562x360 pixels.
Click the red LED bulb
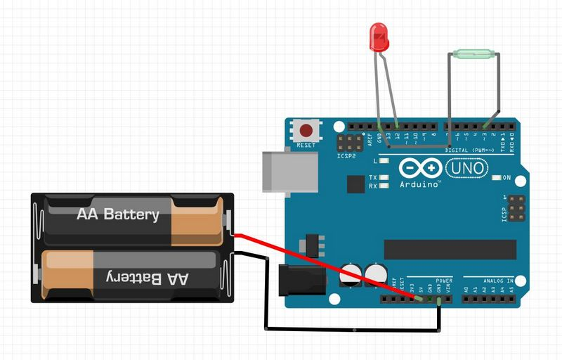coord(379,37)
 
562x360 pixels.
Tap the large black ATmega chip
coord(450,249)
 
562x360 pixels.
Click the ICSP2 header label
coord(346,157)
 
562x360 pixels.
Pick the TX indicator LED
coord(384,177)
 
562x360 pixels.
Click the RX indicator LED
coord(384,186)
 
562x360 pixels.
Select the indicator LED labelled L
coord(384,161)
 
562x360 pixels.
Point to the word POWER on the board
coord(444,280)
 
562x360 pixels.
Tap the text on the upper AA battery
coord(118,214)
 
